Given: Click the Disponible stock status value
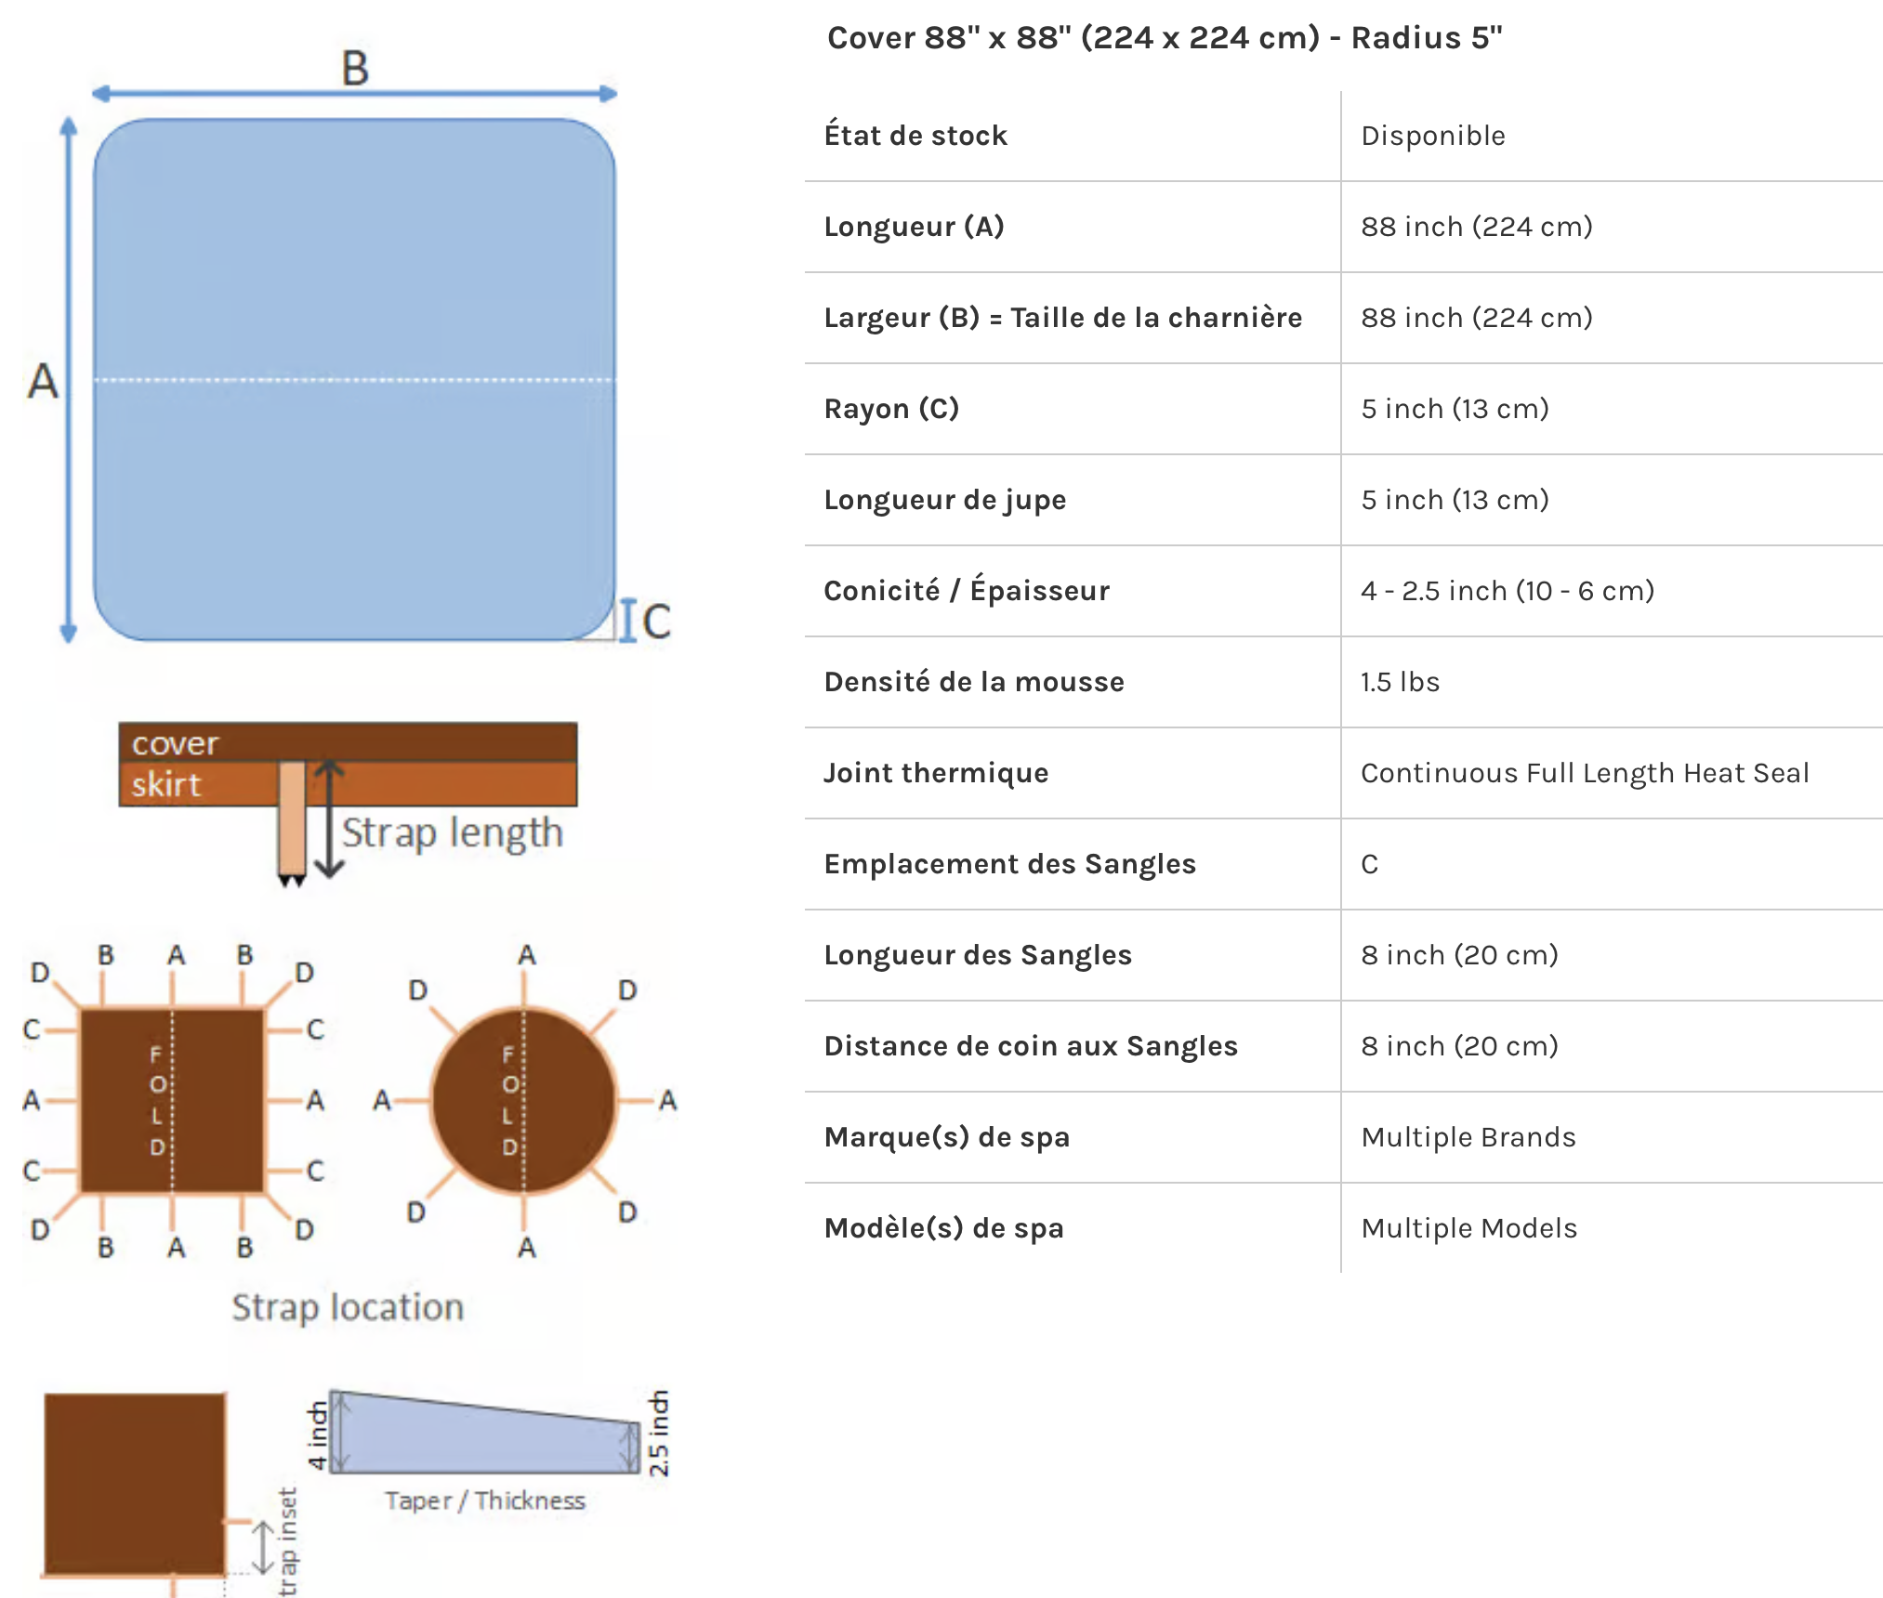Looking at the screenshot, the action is pyautogui.click(x=1432, y=136).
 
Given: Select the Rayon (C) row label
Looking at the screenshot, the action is pyautogui.click(x=891, y=409).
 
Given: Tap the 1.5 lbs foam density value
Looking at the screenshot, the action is pyautogui.click(x=1400, y=682).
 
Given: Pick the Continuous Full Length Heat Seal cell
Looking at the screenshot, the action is pyautogui.click(x=1584, y=773).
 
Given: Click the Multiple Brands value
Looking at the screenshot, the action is pyautogui.click(x=1468, y=1137).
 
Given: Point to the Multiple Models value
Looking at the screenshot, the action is pyautogui.click(x=1468, y=1228).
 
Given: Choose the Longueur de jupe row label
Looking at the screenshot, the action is pyautogui.click(x=944, y=500).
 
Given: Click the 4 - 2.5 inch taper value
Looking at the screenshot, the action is pyautogui.click(x=1507, y=591).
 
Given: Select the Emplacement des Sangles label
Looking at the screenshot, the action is pyautogui.click(x=1009, y=864).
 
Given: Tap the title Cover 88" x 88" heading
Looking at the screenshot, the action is pyautogui.click(x=1164, y=38).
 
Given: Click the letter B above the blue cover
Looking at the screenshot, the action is pyautogui.click(x=355, y=69).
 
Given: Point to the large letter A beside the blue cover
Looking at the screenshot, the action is pyautogui.click(x=43, y=381).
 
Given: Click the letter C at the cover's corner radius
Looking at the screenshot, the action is pyautogui.click(x=656, y=621).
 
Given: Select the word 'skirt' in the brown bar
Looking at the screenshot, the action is pyautogui.click(x=165, y=785).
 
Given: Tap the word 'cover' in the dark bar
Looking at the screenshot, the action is pyautogui.click(x=175, y=743).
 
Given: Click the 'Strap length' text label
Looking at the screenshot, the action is pyautogui.click(x=452, y=832).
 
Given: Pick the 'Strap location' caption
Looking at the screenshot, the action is pyautogui.click(x=348, y=1307).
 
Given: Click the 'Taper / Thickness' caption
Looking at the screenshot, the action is pyautogui.click(x=485, y=1500).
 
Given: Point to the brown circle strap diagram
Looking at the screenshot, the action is pyautogui.click(x=523, y=1100).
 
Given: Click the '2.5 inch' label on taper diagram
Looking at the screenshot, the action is pyautogui.click(x=659, y=1433).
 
